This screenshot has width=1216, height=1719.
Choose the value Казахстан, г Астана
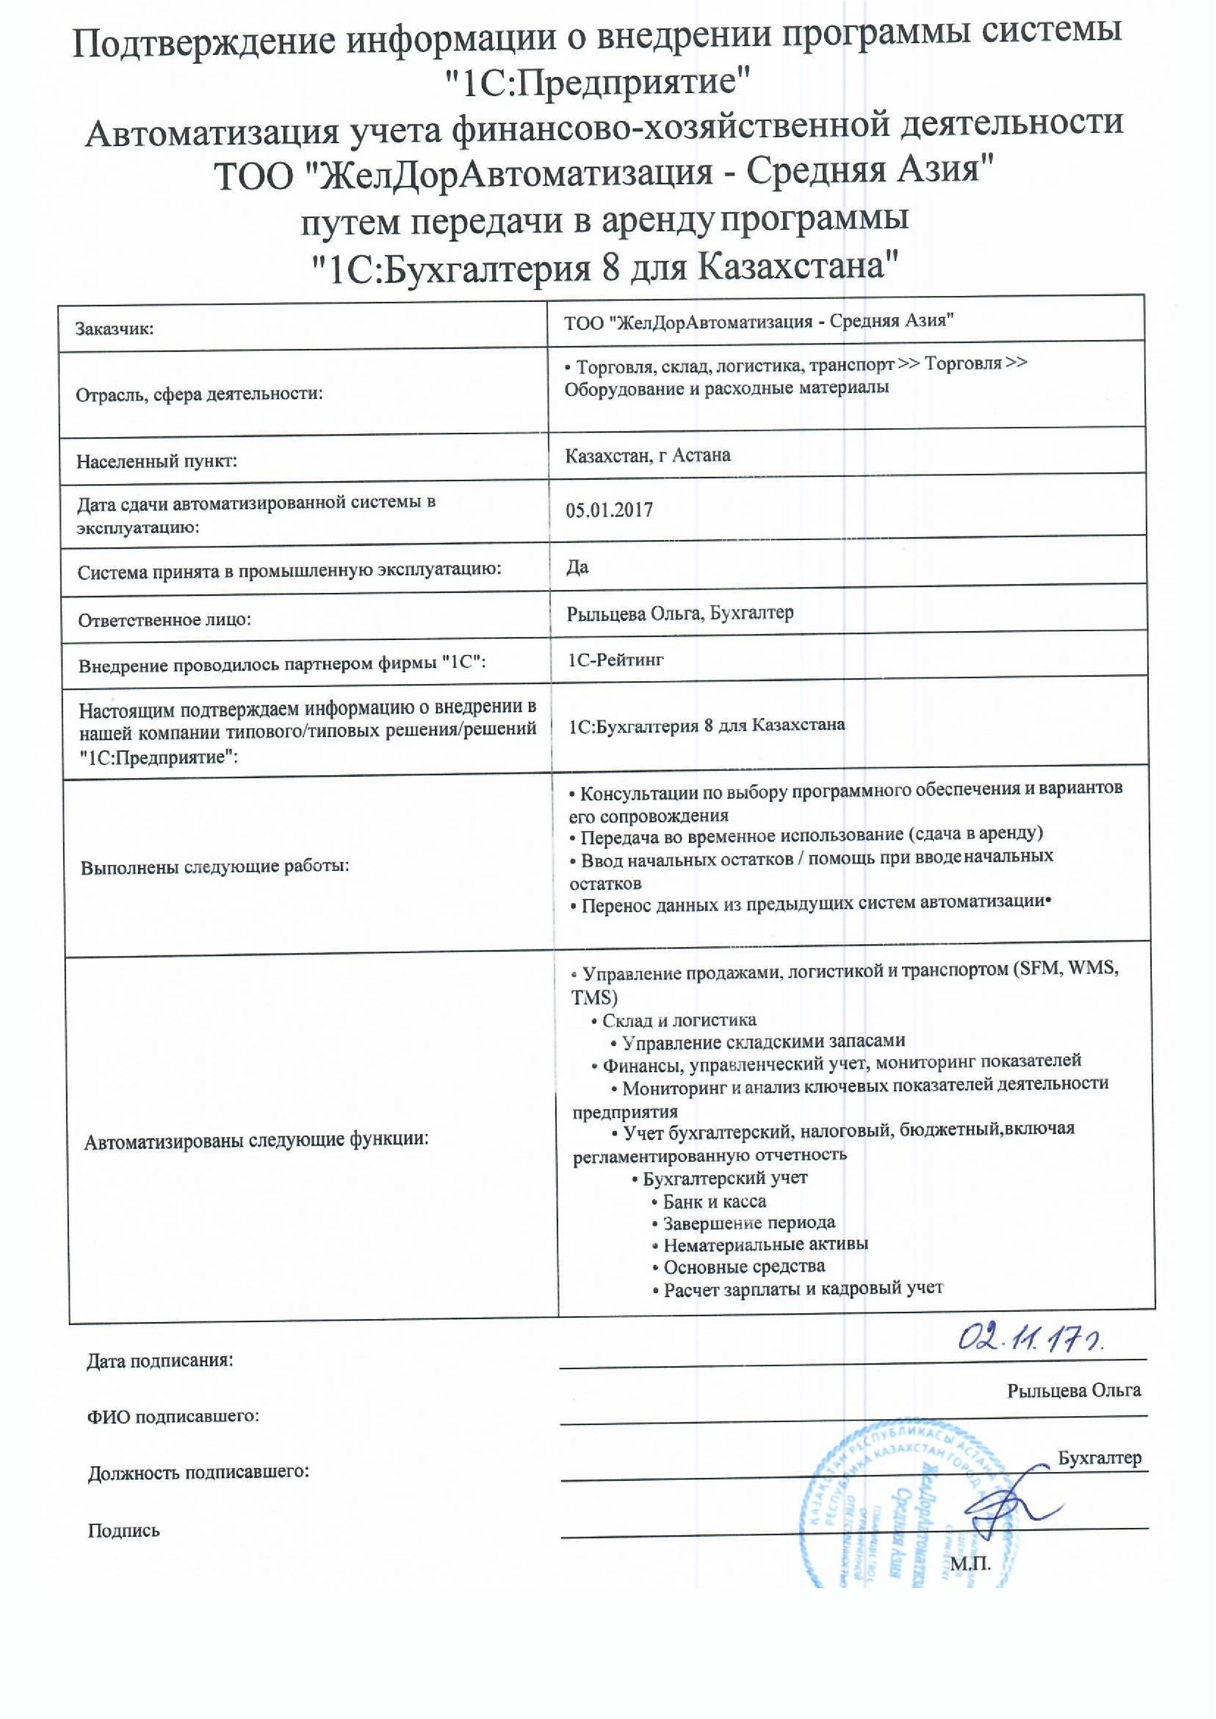[648, 455]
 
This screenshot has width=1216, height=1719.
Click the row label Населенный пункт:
[157, 461]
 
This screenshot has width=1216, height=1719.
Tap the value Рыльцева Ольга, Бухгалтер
[680, 614]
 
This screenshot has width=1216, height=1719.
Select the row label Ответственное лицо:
[164, 620]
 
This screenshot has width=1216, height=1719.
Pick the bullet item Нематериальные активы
[765, 1244]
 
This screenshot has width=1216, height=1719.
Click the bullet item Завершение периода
[749, 1223]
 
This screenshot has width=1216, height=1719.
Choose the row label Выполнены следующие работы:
[215, 867]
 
